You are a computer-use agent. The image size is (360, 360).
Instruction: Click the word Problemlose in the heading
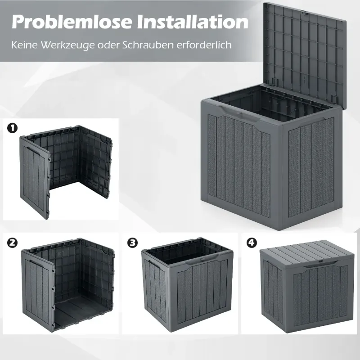coord(72,22)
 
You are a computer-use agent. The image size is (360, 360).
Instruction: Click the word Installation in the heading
coord(193,22)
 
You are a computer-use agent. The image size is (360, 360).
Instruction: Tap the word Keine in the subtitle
coord(24,45)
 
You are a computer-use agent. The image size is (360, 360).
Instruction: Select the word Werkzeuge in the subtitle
coord(68,45)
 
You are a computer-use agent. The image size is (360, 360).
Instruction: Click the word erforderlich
coord(204,45)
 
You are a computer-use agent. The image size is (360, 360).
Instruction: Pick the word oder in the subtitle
coord(108,45)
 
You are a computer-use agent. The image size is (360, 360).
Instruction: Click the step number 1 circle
coord(13,128)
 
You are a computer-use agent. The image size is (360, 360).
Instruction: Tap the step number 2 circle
coord(13,243)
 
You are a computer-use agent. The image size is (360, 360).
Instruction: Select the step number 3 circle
coord(132,243)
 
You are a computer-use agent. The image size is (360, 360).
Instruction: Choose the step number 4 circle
coord(252,243)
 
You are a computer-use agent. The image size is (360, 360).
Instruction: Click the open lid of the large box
coord(304,53)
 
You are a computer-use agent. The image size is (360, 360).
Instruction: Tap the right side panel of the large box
coord(311,170)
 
